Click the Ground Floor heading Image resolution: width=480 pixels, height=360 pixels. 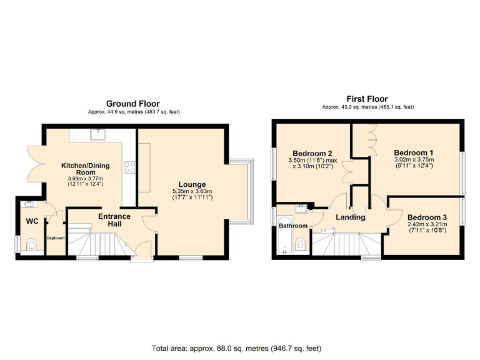click(132, 104)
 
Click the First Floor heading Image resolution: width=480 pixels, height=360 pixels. click(367, 99)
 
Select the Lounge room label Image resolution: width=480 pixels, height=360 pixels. click(192, 184)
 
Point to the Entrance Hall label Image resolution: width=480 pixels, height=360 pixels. click(114, 220)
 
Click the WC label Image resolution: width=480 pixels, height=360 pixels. click(32, 221)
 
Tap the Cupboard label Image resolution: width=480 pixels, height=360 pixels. click(55, 237)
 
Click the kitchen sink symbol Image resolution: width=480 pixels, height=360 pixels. click(97, 134)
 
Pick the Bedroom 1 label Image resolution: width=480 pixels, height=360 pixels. click(413, 152)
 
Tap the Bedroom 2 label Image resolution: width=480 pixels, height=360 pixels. click(312, 154)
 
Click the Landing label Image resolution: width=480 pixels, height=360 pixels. click(350, 217)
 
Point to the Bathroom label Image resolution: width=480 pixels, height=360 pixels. click(292, 226)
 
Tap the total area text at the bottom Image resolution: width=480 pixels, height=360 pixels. click(240, 348)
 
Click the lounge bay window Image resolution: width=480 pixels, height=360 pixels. click(241, 191)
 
